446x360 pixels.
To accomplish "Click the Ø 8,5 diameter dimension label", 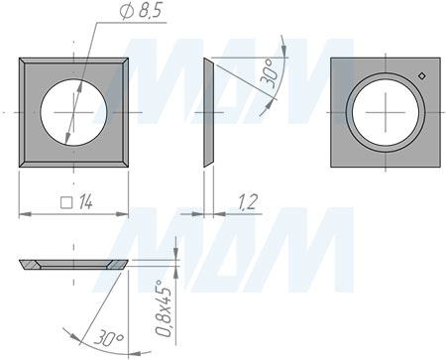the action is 142,11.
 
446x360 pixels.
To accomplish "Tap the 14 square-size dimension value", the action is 85,202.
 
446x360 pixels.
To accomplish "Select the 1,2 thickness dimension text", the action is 247,202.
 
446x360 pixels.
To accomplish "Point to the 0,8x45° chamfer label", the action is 164,308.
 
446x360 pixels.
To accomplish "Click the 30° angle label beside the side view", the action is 267,74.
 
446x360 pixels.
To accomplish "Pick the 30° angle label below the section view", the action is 108,338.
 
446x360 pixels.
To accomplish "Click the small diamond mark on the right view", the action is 421,76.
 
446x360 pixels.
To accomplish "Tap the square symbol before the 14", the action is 66,202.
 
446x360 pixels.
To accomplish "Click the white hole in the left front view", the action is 73,112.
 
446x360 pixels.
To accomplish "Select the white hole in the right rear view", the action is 386,112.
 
